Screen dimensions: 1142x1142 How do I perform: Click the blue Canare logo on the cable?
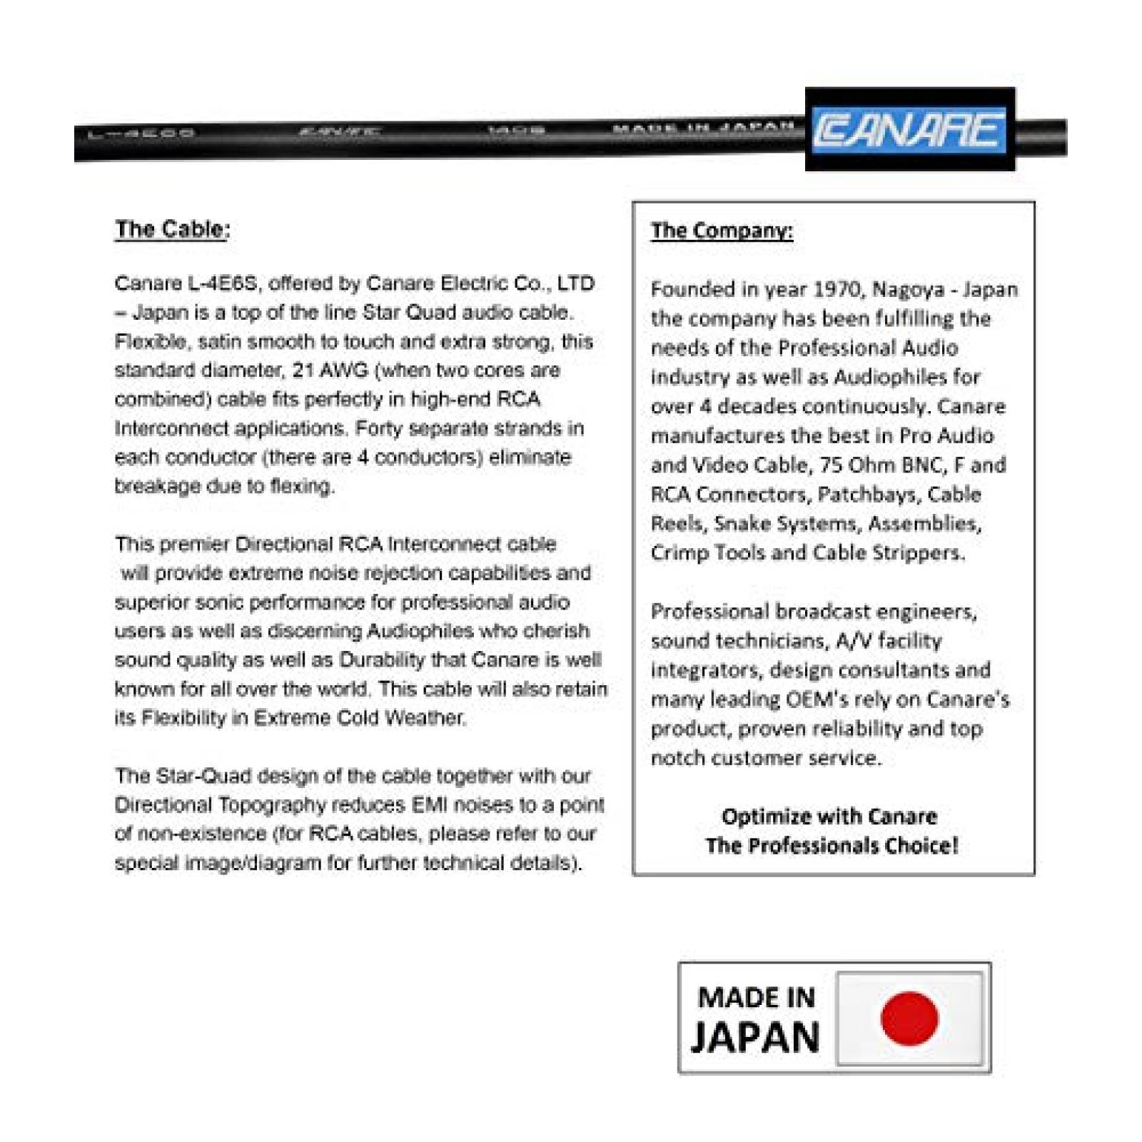(909, 131)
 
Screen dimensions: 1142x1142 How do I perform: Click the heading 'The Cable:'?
(172, 229)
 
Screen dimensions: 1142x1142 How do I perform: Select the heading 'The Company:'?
(722, 231)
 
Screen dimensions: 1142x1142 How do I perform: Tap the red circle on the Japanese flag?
(909, 1019)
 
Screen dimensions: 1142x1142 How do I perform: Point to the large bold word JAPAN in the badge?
(755, 1037)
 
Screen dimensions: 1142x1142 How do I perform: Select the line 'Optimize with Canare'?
(829, 817)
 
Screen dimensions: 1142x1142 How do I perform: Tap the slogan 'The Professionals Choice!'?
(832, 846)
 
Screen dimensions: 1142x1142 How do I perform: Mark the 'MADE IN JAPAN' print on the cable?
(703, 128)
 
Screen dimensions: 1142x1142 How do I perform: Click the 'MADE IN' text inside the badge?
(757, 997)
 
